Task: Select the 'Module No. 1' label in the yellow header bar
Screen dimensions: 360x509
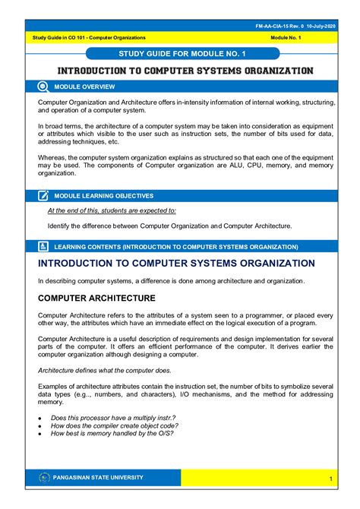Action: [289, 37]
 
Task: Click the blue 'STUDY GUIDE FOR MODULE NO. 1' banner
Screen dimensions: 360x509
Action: [182, 53]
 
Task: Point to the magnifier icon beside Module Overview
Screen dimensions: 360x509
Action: [44, 87]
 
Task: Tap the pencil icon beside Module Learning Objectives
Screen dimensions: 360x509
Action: [44, 195]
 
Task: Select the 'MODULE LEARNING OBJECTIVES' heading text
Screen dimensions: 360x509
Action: [114, 196]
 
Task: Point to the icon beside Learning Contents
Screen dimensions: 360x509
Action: [44, 246]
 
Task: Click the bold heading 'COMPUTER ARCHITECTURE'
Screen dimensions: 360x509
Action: [93, 298]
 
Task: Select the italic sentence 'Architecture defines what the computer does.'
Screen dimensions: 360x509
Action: [105, 370]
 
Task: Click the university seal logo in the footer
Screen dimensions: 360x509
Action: [43, 477]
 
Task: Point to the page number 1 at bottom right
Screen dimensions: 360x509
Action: [332, 478]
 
